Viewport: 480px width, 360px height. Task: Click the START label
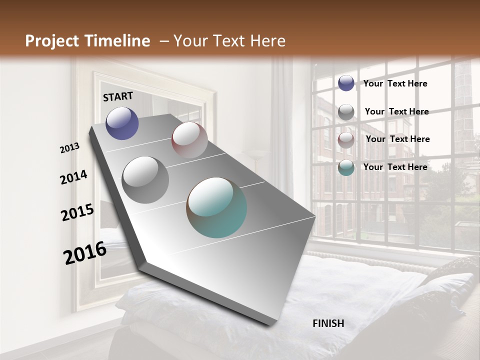118,96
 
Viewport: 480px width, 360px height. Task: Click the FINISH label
328,323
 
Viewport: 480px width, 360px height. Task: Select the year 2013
70,148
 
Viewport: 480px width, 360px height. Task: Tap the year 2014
74,177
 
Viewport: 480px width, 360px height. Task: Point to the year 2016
85,253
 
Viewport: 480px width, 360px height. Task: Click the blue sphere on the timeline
122,123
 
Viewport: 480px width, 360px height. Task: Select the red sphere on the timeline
189,139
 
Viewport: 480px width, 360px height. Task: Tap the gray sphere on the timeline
145,179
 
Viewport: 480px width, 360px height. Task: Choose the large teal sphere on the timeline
217,207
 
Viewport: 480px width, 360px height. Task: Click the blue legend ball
346,83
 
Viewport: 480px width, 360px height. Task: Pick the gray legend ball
346,112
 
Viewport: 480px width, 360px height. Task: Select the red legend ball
346,140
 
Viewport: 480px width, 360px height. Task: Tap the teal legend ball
346,168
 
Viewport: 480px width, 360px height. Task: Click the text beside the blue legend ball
395,83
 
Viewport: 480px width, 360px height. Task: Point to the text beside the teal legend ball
395,167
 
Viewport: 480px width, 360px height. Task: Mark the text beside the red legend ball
398,139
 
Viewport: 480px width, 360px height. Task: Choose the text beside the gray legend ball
397,111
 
